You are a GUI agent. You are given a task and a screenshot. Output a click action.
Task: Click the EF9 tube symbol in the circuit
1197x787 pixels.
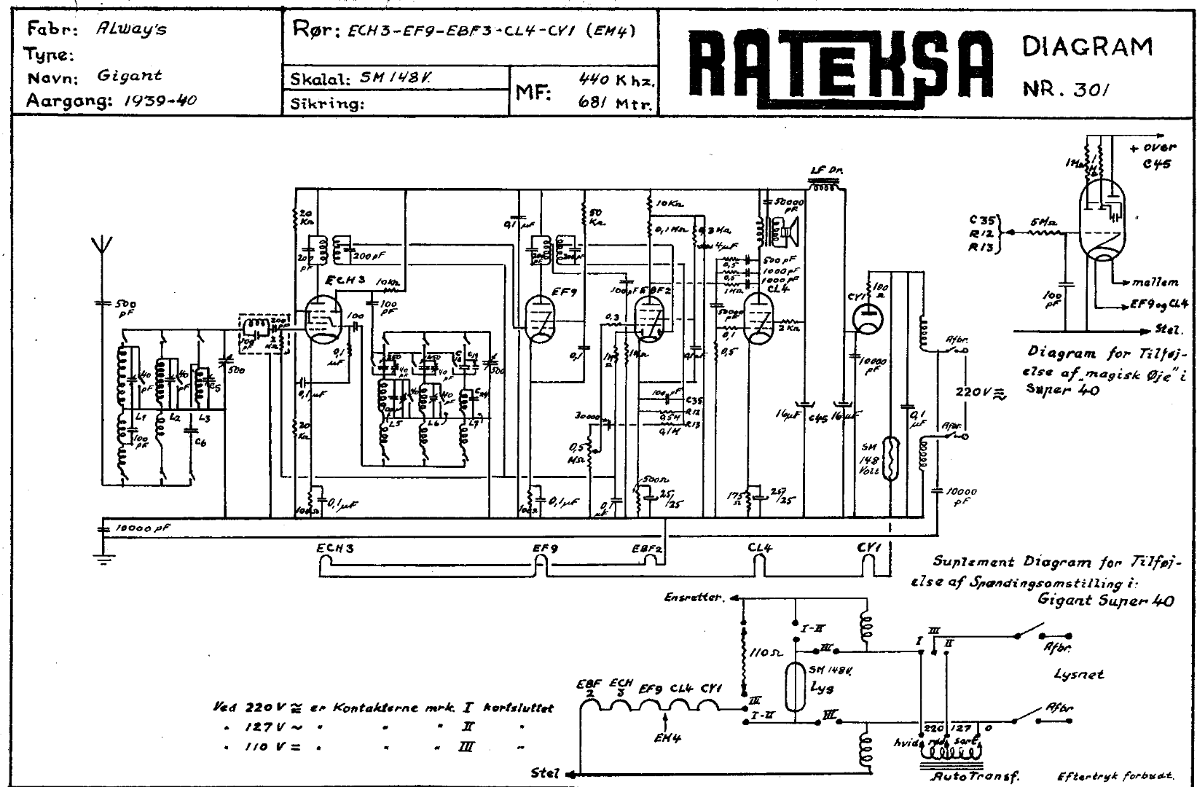click(x=541, y=318)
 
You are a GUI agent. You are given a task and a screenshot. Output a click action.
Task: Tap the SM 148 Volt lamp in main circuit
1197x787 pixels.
click(x=890, y=457)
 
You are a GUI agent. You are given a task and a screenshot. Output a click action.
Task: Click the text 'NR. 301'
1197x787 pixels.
click(x=1067, y=89)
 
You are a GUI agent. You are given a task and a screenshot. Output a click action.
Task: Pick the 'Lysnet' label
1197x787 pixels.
click(x=1078, y=674)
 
